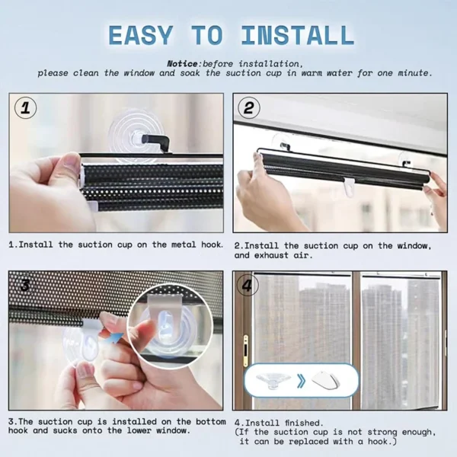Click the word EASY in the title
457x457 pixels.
tap(148, 35)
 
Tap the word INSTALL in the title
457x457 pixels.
tap(297, 35)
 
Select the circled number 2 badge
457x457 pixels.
tap(249, 108)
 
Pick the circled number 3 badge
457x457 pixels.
tap(25, 286)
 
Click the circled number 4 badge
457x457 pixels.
tap(248, 286)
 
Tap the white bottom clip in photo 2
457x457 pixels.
tap(349, 187)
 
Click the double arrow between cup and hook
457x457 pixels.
tap(300, 379)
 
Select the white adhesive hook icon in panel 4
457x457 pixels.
tap(326, 380)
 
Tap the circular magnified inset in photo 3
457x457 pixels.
tap(167, 328)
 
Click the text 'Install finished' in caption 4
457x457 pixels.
tap(284, 422)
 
